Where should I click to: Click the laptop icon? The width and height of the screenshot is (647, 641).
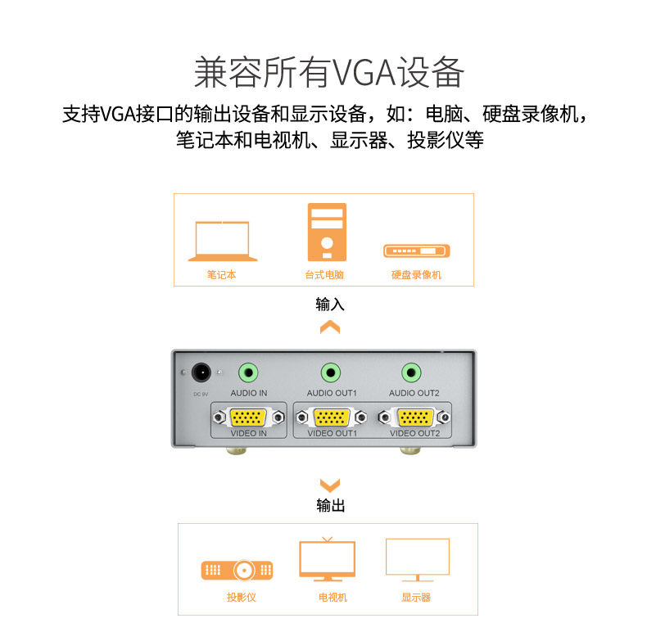223,241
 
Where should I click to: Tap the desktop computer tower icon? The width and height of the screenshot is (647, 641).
327,232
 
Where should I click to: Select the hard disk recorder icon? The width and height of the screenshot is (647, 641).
417,251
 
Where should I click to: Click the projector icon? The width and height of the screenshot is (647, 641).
237,570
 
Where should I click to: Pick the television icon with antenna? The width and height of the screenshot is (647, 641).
328,559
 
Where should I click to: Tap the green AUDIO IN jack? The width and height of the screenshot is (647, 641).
248,373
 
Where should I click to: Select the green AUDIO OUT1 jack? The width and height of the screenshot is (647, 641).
331,373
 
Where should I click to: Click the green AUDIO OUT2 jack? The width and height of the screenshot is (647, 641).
413,373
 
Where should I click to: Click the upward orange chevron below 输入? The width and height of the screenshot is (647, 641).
329,327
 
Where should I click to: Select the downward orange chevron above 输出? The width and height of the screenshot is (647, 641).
329,485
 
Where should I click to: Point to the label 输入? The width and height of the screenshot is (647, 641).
330,305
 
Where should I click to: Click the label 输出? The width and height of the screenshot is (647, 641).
330,506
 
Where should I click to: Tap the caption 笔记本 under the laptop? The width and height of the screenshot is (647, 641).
222,275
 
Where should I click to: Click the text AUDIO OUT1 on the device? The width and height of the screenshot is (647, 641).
332,393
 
